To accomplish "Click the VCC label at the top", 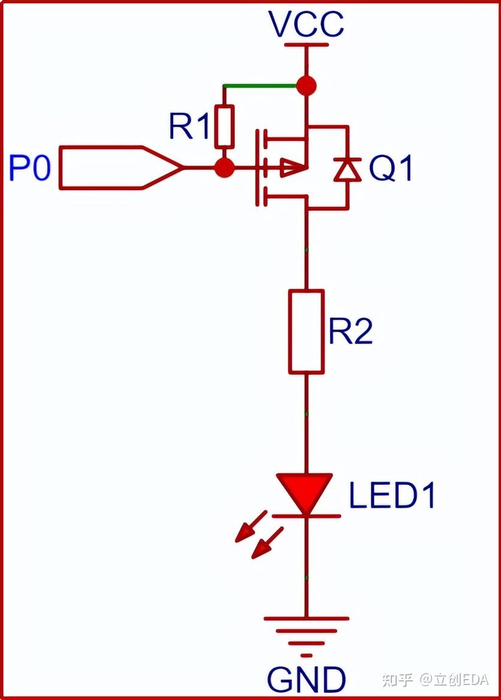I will coord(306,25).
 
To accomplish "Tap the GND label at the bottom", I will coord(306,680).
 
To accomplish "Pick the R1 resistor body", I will coord(224,126).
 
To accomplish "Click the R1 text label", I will coord(189,126).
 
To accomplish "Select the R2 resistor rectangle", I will coord(306,332).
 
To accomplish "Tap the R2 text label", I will coord(351,331).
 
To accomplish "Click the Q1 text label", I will coord(391,169).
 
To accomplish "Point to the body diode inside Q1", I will coord(347,168).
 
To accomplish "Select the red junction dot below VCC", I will coord(306,86).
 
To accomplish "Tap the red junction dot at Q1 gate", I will coord(224,168).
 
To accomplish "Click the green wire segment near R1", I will coord(260,86).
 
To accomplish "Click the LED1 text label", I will coord(392,496).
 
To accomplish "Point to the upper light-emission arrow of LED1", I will coord(250,526).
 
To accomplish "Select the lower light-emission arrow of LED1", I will coord(267,543).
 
